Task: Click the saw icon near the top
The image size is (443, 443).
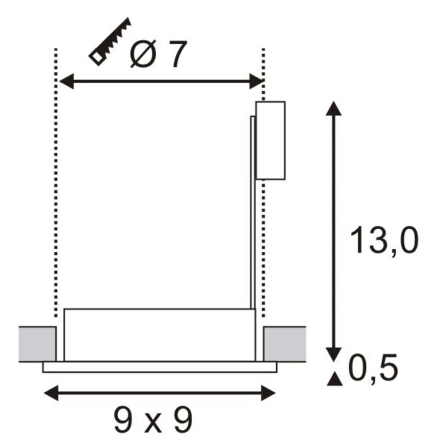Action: (x=110, y=41)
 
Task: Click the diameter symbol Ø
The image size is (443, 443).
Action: (x=143, y=54)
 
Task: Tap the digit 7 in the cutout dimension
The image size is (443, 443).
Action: (x=177, y=54)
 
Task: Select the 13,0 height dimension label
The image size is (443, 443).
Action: (x=384, y=240)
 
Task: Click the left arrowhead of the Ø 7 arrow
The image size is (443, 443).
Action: (x=67, y=81)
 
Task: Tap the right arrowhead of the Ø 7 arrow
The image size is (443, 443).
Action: (x=256, y=81)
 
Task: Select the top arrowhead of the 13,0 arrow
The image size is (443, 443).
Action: (x=333, y=108)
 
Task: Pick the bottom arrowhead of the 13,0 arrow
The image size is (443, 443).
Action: (x=334, y=354)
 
